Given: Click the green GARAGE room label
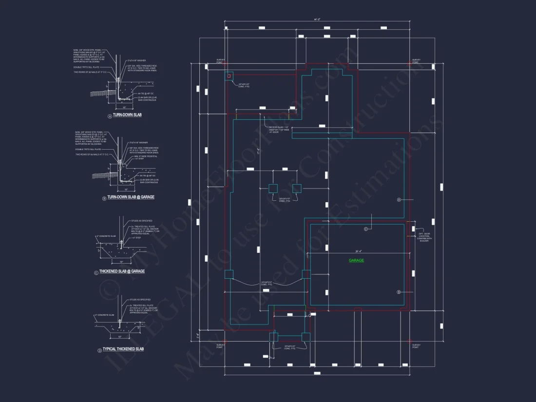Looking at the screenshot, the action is click(x=356, y=260).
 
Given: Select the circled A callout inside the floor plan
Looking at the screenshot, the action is click(x=399, y=200).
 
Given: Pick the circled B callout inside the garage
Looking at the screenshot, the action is click(x=399, y=292).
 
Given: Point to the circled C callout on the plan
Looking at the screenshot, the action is click(x=366, y=229).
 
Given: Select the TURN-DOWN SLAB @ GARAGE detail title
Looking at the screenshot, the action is click(x=130, y=197).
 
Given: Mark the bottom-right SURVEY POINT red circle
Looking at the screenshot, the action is click(x=410, y=341).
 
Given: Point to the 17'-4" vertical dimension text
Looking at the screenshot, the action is click(x=258, y=152).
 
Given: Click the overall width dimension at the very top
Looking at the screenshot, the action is click(x=317, y=19).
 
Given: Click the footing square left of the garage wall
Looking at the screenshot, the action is click(x=306, y=274).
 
